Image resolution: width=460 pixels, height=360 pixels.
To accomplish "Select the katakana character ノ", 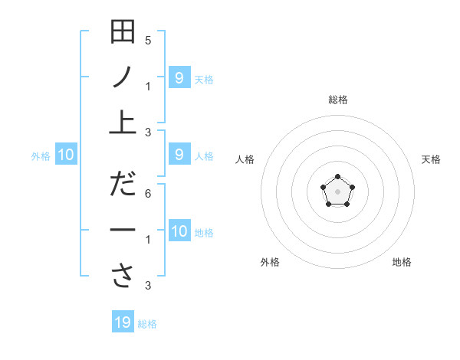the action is [x=123, y=77].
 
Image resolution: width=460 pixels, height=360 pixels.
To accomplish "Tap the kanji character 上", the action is [x=123, y=121].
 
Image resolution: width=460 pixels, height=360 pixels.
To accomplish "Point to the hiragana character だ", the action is [x=123, y=185].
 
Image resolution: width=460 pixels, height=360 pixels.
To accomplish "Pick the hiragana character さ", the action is [x=123, y=276].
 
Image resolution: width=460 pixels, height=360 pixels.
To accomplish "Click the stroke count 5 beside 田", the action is [x=148, y=40].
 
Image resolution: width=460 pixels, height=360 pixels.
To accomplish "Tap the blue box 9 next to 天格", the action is [x=179, y=77].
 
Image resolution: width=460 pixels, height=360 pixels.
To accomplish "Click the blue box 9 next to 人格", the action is [x=179, y=155].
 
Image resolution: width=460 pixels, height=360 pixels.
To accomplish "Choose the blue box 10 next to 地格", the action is [x=179, y=231].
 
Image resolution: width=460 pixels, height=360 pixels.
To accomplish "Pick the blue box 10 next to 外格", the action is [x=65, y=155].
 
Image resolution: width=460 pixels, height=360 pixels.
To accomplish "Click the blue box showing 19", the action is [x=123, y=322].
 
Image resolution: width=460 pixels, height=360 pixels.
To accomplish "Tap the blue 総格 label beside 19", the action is [x=147, y=324].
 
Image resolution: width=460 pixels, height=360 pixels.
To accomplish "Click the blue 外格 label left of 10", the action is [x=41, y=156].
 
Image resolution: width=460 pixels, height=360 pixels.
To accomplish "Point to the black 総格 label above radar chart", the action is [x=337, y=100].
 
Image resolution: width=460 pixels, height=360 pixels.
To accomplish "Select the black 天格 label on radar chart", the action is [x=432, y=159].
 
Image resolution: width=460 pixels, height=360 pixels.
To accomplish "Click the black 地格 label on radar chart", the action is [x=402, y=262].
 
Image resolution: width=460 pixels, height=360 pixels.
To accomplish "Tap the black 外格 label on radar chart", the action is [x=270, y=262].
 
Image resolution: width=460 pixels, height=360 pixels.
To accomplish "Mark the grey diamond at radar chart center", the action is [x=337, y=191].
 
